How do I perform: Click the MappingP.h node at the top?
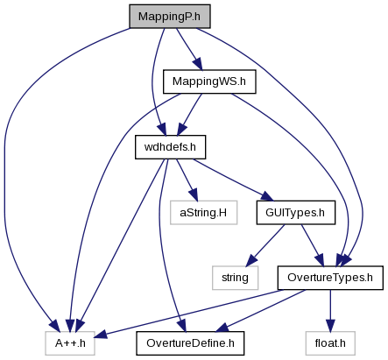pos(170,17)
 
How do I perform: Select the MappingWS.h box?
pos(209,81)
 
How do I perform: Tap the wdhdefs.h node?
pos(170,147)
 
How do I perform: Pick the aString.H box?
pos(203,213)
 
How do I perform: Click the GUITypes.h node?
pos(296,213)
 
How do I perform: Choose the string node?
pos(235,278)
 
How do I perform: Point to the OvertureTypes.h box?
pos(330,278)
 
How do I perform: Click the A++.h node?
pos(70,343)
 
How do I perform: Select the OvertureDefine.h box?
pos(190,343)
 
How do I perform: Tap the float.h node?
pos(330,343)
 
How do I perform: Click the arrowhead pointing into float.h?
pos(330,326)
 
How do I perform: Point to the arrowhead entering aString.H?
pos(194,195)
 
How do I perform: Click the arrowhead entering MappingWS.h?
pos(198,64)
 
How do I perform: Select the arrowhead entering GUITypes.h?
pos(267,196)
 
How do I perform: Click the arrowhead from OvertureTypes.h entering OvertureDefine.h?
pos(222,328)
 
